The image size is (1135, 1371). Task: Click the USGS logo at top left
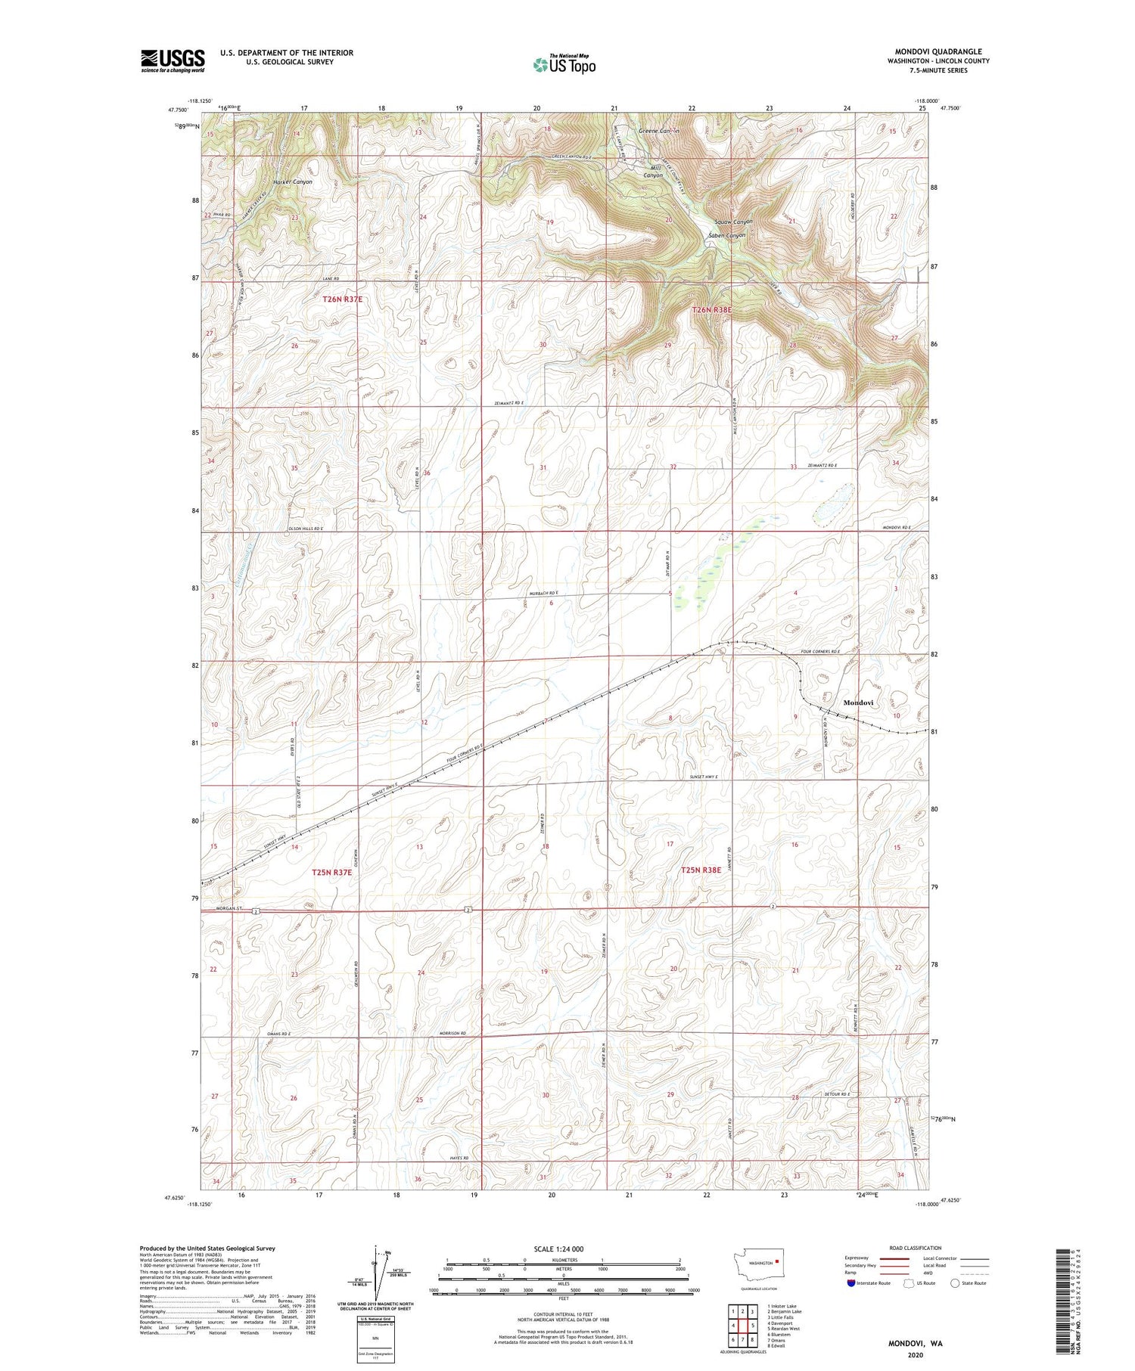(173, 60)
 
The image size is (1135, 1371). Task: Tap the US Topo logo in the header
(564, 64)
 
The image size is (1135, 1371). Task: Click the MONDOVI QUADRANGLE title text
(938, 51)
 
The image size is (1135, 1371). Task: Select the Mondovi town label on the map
(858, 703)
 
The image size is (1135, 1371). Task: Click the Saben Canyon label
(726, 235)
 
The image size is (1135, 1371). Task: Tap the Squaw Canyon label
(733, 222)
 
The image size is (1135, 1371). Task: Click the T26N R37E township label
(343, 299)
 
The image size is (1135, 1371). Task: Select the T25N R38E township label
(701, 870)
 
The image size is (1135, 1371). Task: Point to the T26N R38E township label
(712, 309)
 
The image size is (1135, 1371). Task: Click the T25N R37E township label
(332, 872)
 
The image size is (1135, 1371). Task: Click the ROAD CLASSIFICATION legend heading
(916, 1248)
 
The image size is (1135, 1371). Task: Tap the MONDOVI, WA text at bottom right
(915, 1344)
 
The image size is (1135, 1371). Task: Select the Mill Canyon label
(652, 172)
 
